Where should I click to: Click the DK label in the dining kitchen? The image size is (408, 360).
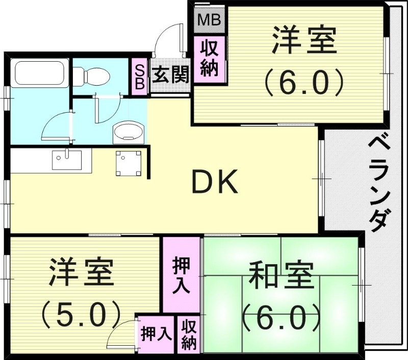pos(214,182)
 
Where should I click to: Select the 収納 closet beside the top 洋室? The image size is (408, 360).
pos(209,58)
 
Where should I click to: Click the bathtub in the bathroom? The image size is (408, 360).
pos(39,74)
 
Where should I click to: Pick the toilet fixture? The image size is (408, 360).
pos(91,76)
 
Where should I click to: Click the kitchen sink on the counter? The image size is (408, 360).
pos(66,161)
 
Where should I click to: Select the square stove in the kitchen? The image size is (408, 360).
pos(127,164)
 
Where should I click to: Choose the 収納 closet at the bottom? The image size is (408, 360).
pos(189,334)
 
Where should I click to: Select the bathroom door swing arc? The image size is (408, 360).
pos(56,125)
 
